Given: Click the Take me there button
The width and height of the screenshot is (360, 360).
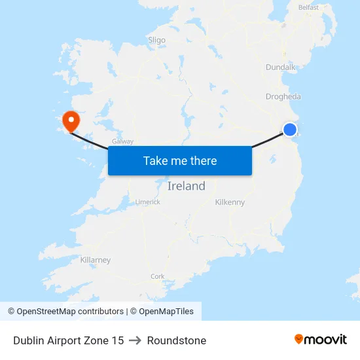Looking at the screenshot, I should [179, 161].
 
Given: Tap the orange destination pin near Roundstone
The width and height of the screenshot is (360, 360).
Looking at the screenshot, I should [70, 120].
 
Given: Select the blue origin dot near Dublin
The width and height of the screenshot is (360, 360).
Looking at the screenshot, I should [289, 130].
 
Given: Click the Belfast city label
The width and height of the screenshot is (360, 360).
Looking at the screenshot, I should [308, 8].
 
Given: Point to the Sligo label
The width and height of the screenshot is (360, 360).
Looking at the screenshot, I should [156, 40].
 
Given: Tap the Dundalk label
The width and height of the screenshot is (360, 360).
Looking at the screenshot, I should [281, 67].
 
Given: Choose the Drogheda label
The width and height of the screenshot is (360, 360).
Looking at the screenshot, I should [283, 97].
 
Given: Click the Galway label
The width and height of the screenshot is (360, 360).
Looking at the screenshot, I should [122, 141].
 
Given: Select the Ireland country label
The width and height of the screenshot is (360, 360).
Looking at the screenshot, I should [186, 186].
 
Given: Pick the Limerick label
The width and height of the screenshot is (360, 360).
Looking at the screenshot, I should [147, 202].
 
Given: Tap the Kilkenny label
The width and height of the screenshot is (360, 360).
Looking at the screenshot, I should [230, 202].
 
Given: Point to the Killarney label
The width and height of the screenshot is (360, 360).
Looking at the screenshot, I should [95, 260].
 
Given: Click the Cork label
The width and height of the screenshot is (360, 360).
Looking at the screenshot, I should [157, 277].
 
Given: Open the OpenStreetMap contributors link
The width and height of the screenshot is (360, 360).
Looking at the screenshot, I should [70, 312].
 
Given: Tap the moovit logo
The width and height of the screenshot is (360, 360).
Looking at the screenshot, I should [321, 340].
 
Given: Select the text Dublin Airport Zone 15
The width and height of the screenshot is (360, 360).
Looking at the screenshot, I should [68, 340].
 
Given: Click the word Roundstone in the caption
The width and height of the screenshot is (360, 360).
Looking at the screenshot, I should [177, 340].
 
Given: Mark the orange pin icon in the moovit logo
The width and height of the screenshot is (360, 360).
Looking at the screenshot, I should [299, 339].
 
